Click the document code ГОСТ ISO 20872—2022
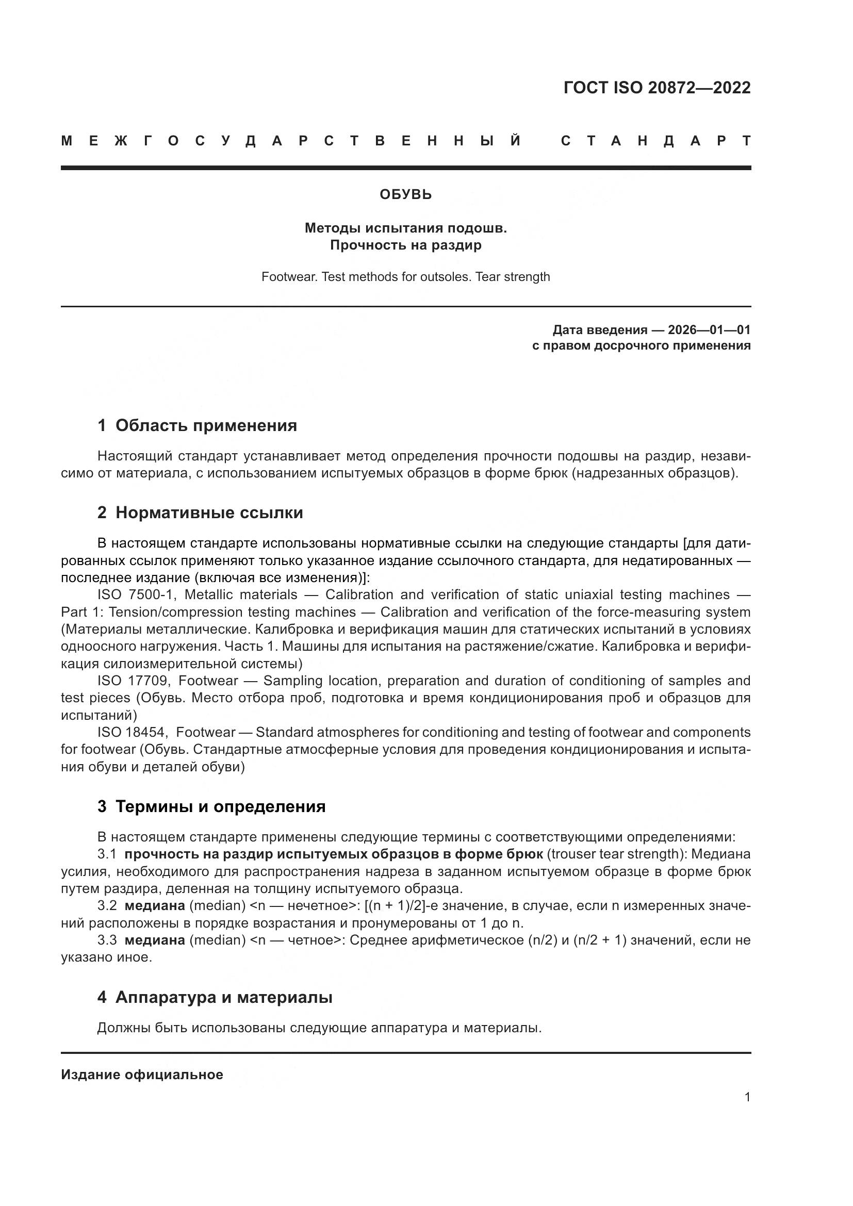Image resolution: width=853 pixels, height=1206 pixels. pyautogui.click(x=657, y=87)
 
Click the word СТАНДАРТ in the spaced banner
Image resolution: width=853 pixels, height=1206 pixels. pyautogui.click(x=655, y=141)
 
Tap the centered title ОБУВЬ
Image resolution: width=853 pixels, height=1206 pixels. pyautogui.click(x=405, y=195)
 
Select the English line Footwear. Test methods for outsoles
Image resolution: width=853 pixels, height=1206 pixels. pyautogui.click(x=405, y=277)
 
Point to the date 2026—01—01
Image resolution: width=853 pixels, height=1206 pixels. pyautogui.click(x=709, y=330)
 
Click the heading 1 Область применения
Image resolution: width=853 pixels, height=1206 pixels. pyautogui.click(x=197, y=425)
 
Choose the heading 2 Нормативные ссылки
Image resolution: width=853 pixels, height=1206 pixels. pyautogui.click(x=200, y=512)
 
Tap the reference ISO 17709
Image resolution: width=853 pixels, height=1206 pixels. pyautogui.click(x=133, y=681)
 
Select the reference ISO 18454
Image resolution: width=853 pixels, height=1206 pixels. pyautogui.click(x=133, y=732)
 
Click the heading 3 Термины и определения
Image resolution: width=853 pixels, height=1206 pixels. pyautogui.click(x=211, y=806)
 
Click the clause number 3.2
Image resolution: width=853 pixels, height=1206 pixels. pyautogui.click(x=107, y=905)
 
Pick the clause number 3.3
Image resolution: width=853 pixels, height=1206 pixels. pyautogui.click(x=107, y=940)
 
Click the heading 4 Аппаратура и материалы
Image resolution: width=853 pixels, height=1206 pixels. pyautogui.click(x=215, y=997)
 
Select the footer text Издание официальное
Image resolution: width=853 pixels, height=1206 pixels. pyautogui.click(x=142, y=1075)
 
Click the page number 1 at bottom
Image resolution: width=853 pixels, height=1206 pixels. pyautogui.click(x=747, y=1097)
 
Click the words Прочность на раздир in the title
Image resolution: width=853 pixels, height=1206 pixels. pyautogui.click(x=405, y=245)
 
